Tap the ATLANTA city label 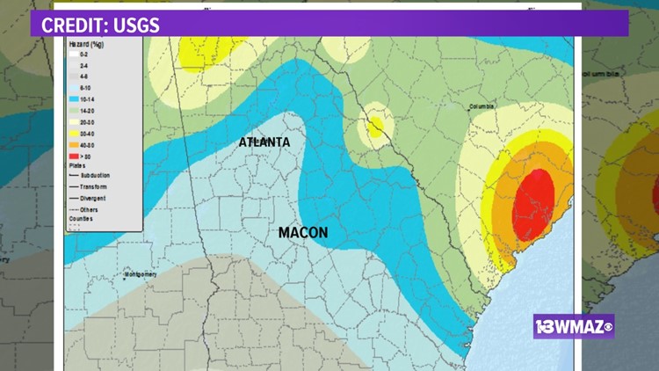click(x=264, y=142)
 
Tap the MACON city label click(x=303, y=233)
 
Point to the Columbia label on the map click(x=482, y=107)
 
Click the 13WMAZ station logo click(x=573, y=327)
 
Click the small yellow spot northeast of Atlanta click(x=376, y=125)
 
